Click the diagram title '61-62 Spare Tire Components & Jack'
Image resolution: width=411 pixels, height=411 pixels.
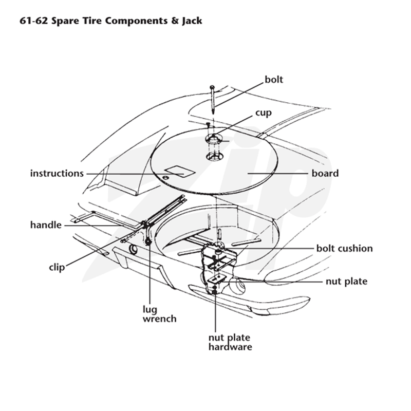click(x=111, y=21)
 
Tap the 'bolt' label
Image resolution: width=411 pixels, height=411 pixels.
click(x=274, y=80)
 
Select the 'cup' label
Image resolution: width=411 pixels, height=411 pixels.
click(x=264, y=113)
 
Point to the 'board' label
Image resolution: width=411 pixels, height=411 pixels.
click(x=325, y=173)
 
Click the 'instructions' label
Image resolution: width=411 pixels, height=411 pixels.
click(x=57, y=173)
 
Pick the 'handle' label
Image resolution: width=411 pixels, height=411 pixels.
click(x=46, y=225)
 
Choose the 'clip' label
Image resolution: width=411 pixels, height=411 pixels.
click(x=57, y=267)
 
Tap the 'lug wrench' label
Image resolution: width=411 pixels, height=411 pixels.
click(x=159, y=314)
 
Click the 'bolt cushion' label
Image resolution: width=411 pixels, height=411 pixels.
click(x=344, y=248)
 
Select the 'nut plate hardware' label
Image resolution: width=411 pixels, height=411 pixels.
click(x=230, y=342)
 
